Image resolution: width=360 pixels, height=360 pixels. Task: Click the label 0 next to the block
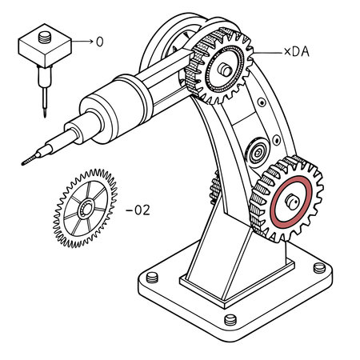point(99,40)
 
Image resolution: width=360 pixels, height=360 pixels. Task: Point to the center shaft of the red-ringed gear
point(293,200)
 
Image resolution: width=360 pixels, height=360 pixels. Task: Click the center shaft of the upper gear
point(228,70)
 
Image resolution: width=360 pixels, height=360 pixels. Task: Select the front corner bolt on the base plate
point(231,320)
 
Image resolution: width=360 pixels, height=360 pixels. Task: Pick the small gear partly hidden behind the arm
point(214,188)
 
